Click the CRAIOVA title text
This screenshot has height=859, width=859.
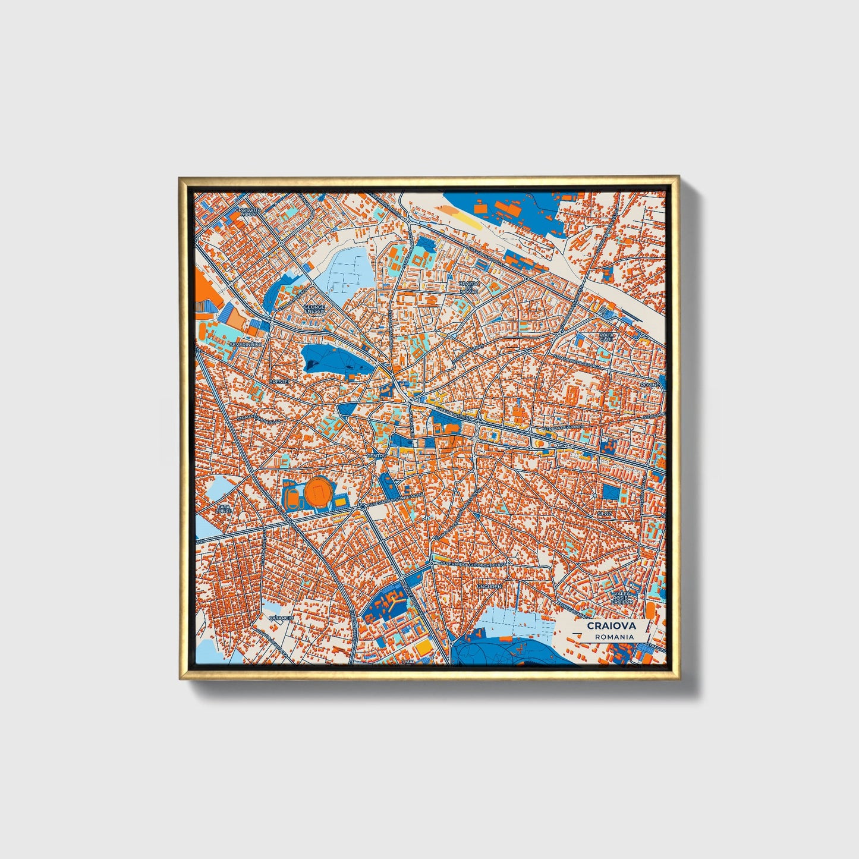pos(611,625)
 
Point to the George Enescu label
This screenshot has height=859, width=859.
pos(314,309)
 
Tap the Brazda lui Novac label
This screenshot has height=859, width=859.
pos(469,288)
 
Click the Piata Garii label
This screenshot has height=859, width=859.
pos(606,337)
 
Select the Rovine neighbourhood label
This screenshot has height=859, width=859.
pos(650,385)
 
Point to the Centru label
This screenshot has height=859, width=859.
pos(376,456)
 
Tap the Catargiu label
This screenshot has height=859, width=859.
pos(281,618)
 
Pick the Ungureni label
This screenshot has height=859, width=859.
pos(489,586)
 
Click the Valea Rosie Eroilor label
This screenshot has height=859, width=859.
pos(623,597)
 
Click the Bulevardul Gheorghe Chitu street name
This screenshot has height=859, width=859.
pos(473,563)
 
